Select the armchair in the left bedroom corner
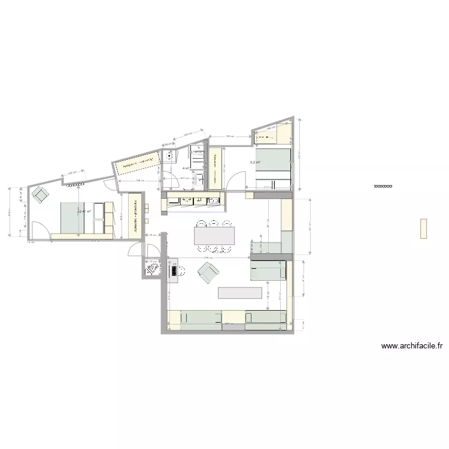[x=41, y=194]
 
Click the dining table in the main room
[x=214, y=235]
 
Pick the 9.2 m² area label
[x=255, y=162]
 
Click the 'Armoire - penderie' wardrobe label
[x=136, y=216]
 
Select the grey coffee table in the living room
[x=240, y=292]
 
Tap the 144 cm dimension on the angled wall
[x=186, y=135]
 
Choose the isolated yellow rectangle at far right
[x=424, y=229]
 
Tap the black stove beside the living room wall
[x=174, y=270]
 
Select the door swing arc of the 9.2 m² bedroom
[x=238, y=178]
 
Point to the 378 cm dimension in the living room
[x=208, y=258]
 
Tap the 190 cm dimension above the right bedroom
[x=229, y=137]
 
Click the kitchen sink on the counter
[x=212, y=201]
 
